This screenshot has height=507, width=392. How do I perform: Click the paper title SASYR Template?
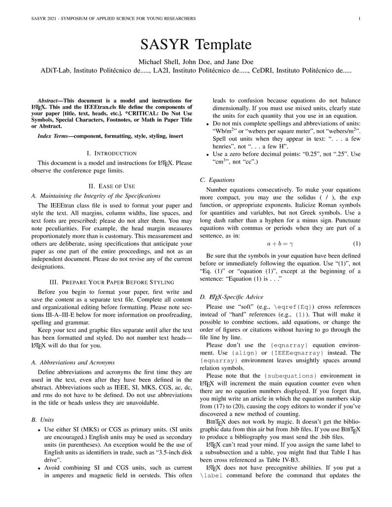point(196,45)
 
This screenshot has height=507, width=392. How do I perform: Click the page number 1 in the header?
point(360,19)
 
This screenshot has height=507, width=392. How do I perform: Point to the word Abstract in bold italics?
point(49,100)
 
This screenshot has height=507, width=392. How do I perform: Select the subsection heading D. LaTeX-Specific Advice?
point(232,297)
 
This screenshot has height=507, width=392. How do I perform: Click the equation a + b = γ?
point(280,244)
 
